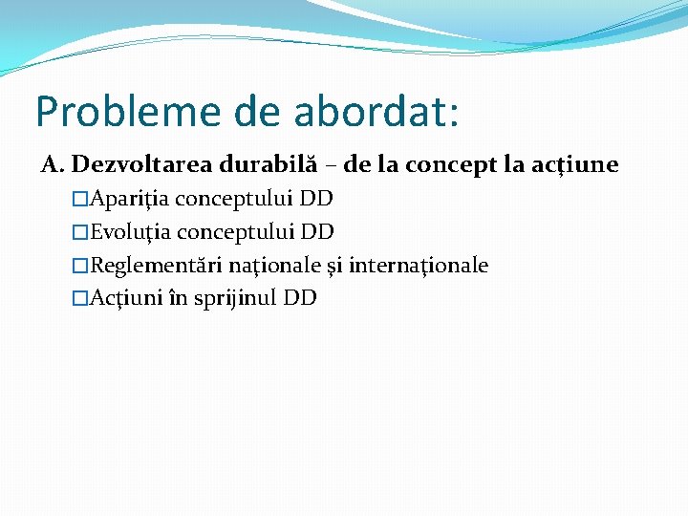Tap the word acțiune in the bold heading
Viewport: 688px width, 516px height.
point(578,166)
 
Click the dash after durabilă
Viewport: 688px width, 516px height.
point(330,166)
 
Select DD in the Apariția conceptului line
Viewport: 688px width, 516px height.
point(315,199)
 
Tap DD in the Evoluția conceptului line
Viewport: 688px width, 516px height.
point(316,231)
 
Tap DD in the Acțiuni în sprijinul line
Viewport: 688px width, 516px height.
point(300,297)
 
